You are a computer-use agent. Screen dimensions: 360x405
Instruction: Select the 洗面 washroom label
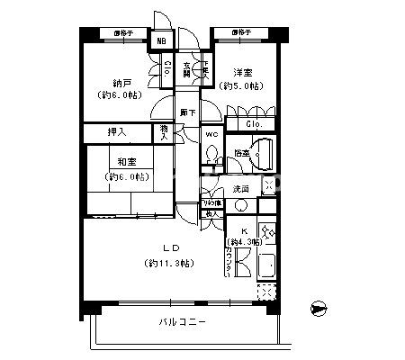pos(240,189)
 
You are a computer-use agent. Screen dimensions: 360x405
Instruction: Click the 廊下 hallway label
pos(187,112)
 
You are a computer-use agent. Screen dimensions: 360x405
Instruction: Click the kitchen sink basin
pos(266,266)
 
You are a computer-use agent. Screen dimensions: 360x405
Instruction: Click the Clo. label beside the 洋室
pos(253,124)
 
